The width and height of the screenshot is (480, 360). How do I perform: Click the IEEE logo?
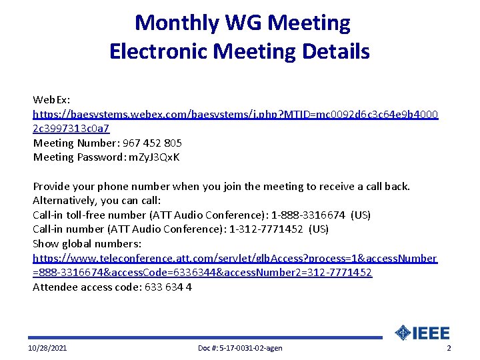click(423, 333)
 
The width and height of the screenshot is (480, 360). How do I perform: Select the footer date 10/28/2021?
click(47, 349)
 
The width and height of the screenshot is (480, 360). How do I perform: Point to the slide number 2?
click(449, 349)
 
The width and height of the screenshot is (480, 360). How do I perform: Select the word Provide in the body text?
click(51, 186)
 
